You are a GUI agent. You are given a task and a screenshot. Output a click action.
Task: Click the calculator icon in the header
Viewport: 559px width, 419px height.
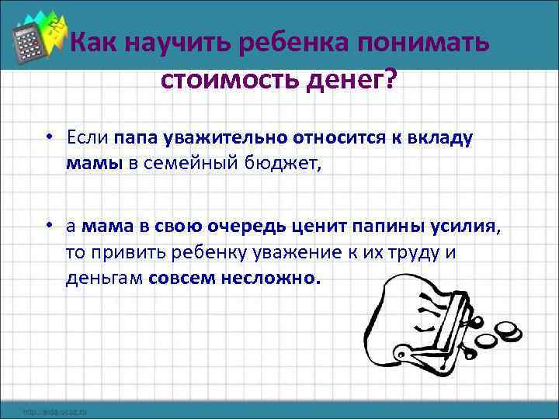pyautogui.click(x=30, y=40)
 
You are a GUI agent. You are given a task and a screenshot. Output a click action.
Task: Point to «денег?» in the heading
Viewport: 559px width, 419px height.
pyautogui.click(x=348, y=79)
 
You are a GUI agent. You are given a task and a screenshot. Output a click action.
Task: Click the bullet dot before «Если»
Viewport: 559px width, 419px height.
pyautogui.click(x=48, y=139)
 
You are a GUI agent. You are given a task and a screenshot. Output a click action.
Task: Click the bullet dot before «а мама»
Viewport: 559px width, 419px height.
pyautogui.click(x=48, y=227)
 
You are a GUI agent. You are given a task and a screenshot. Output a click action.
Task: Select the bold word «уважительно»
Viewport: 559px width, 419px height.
pyautogui.click(x=225, y=139)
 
